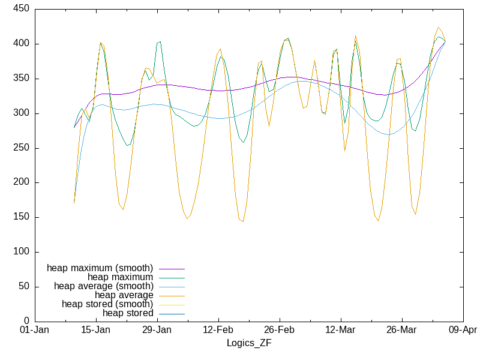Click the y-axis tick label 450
click(x=22, y=10)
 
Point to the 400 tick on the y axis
click(x=22, y=44)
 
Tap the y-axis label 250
click(x=22, y=148)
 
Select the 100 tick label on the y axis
click(x=22, y=252)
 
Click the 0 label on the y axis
click(x=27, y=322)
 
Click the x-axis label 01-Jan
click(x=35, y=331)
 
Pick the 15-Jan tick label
click(x=95, y=331)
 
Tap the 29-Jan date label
click(x=157, y=331)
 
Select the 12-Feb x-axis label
click(x=218, y=331)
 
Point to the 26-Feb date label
click(x=279, y=331)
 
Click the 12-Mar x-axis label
click(x=340, y=331)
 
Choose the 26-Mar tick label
click(x=401, y=331)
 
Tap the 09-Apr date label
click(x=463, y=331)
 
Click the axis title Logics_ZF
click(x=248, y=343)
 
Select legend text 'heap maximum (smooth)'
click(x=100, y=268)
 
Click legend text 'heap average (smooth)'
click(x=103, y=286)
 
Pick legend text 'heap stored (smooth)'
click(x=107, y=304)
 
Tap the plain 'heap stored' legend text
click(x=128, y=313)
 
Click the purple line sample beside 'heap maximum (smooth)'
click(x=171, y=268)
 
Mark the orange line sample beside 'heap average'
click(x=171, y=295)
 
